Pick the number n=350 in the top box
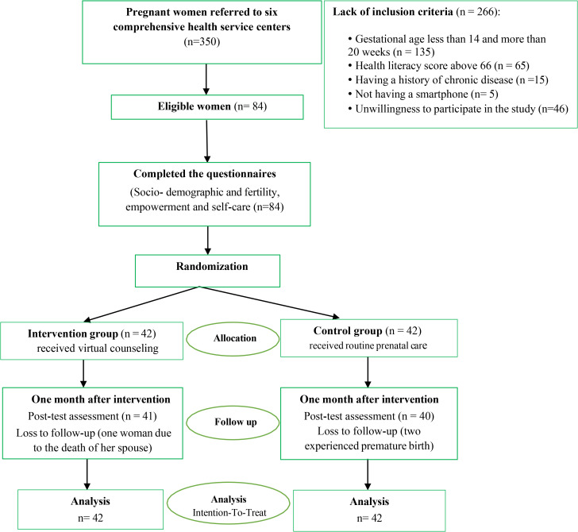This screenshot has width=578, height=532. tap(202, 41)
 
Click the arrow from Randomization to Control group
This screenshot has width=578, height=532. tap(269, 303)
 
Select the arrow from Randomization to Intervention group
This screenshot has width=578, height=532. tap(142, 304)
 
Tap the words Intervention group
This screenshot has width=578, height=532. tap(72, 333)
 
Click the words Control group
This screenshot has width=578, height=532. tap(348, 330)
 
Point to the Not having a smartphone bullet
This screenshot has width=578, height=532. tap(423, 94)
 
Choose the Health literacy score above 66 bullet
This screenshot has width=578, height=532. tap(438, 66)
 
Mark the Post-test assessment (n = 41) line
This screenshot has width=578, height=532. tap(93, 416)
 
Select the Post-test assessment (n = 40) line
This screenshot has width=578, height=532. tap(369, 416)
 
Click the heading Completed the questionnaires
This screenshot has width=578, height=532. tap(205, 174)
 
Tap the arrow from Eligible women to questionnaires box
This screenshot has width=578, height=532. tap(206, 141)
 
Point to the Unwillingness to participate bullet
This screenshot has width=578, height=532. tap(458, 109)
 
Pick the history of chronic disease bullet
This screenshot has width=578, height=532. tap(448, 80)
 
